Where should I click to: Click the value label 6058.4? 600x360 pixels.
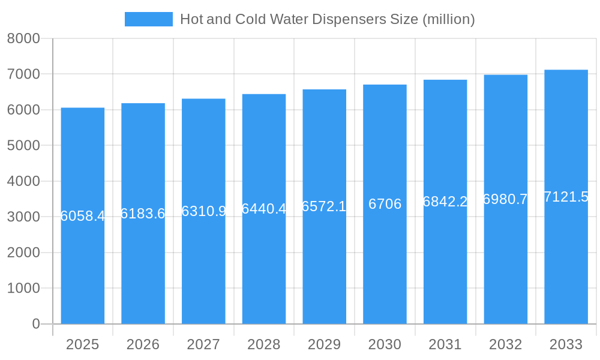83,216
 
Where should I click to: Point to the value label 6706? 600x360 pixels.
385,204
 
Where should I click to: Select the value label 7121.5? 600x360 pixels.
566,197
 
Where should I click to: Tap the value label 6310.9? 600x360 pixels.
203,211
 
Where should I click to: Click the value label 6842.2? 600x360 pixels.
445,202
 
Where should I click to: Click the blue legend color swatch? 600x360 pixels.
148,19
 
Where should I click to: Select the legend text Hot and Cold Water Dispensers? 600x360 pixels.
299,19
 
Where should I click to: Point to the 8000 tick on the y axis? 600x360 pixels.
23,38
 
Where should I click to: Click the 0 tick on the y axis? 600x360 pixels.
35,324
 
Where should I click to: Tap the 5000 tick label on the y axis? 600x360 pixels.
23,145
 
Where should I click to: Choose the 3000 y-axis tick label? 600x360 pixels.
23,217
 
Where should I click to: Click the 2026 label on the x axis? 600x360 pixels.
143,344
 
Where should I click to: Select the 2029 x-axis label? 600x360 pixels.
324,344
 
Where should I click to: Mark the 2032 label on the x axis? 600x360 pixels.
505,344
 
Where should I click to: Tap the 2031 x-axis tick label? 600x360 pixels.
445,344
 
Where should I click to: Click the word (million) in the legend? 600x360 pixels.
448,19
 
